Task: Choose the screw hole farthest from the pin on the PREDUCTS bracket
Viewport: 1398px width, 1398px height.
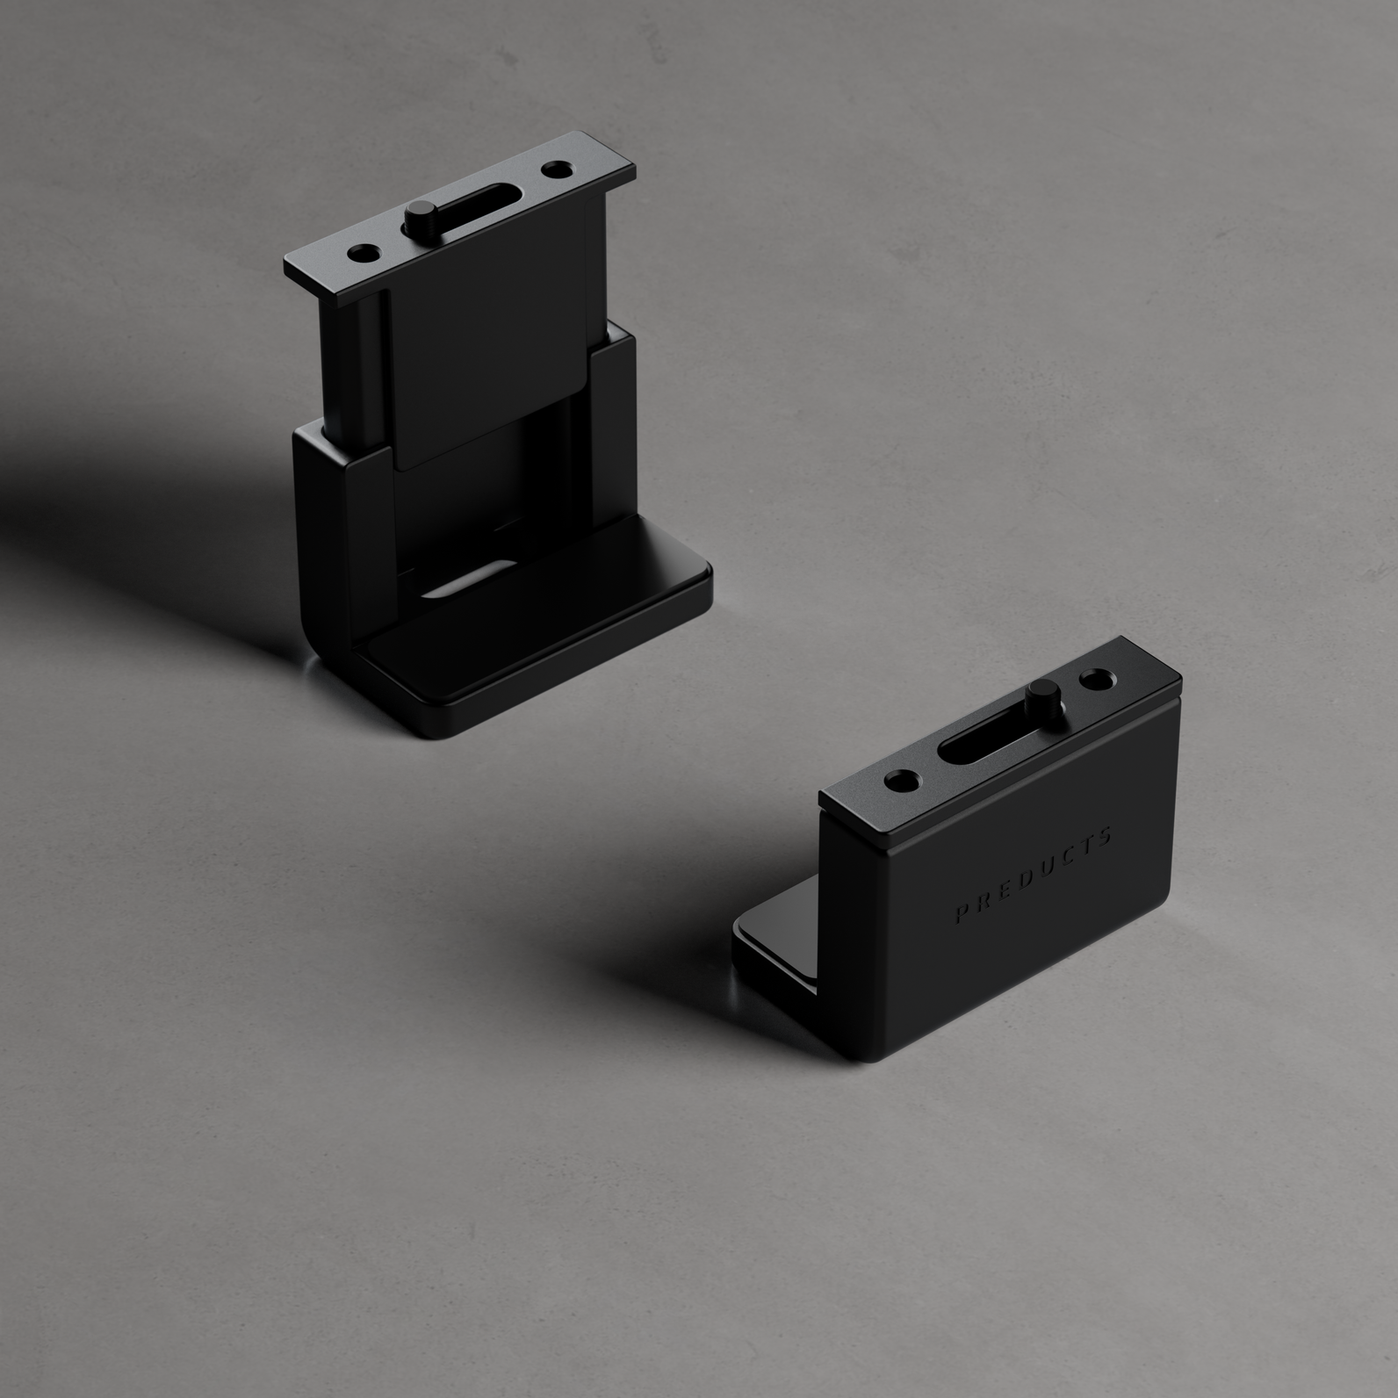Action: tap(902, 779)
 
